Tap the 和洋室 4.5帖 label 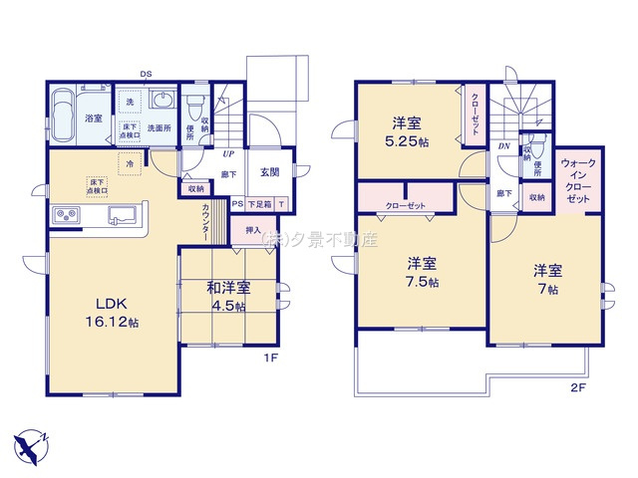(x=228, y=296)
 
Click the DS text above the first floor (x=147, y=74)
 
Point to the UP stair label (x=228, y=154)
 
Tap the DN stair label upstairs (x=505, y=145)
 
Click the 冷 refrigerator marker (x=129, y=162)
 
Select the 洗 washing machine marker (x=130, y=103)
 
